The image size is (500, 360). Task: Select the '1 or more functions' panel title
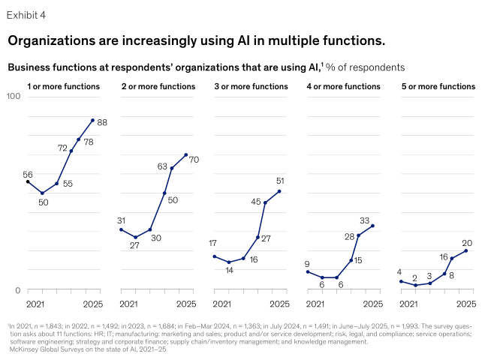tap(63, 87)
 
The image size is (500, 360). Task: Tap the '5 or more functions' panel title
tap(438, 87)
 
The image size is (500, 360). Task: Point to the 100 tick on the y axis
tap(14, 97)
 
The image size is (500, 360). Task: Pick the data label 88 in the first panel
tap(103, 122)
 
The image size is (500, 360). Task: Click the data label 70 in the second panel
tap(194, 160)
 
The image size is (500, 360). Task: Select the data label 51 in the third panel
tap(279, 181)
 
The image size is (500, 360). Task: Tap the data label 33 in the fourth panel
tap(365, 220)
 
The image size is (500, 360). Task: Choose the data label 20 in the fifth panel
tap(467, 243)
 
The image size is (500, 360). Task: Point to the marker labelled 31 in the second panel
tap(121, 229)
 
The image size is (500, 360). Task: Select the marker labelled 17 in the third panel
tap(215, 256)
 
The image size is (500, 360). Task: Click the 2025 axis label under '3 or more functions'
tap(279, 304)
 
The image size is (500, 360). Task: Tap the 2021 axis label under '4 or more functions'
tap(316, 304)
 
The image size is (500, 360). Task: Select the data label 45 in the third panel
tap(256, 201)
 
